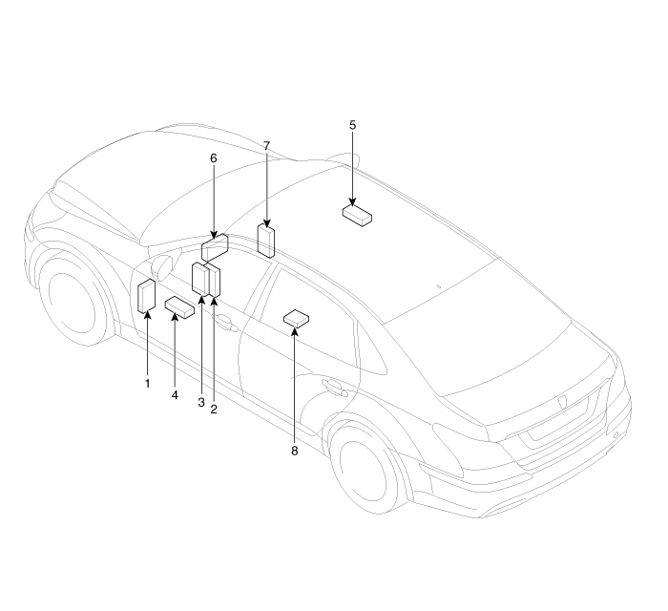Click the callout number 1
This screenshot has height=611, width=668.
tap(147, 384)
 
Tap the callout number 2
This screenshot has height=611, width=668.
tap(214, 409)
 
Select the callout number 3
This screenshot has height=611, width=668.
tap(201, 402)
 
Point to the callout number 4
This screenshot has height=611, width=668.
tap(175, 395)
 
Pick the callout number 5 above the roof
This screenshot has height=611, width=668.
tap(352, 125)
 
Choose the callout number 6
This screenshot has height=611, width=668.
tap(214, 158)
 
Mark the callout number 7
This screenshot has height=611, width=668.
tap(266, 146)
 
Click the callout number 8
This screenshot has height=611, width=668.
tap(294, 451)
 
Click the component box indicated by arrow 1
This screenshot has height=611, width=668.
tap(147, 296)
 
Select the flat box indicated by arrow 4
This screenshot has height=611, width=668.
tap(179, 307)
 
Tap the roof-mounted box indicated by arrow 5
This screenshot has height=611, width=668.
tap(357, 215)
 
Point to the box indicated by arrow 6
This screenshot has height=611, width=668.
tap(215, 247)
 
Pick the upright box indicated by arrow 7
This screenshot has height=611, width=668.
tap(266, 241)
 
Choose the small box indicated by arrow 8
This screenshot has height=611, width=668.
tap(296, 319)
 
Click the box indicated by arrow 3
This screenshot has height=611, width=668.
tap(200, 279)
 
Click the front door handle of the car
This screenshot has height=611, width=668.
tap(226, 323)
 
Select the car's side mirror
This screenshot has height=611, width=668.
tap(162, 268)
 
